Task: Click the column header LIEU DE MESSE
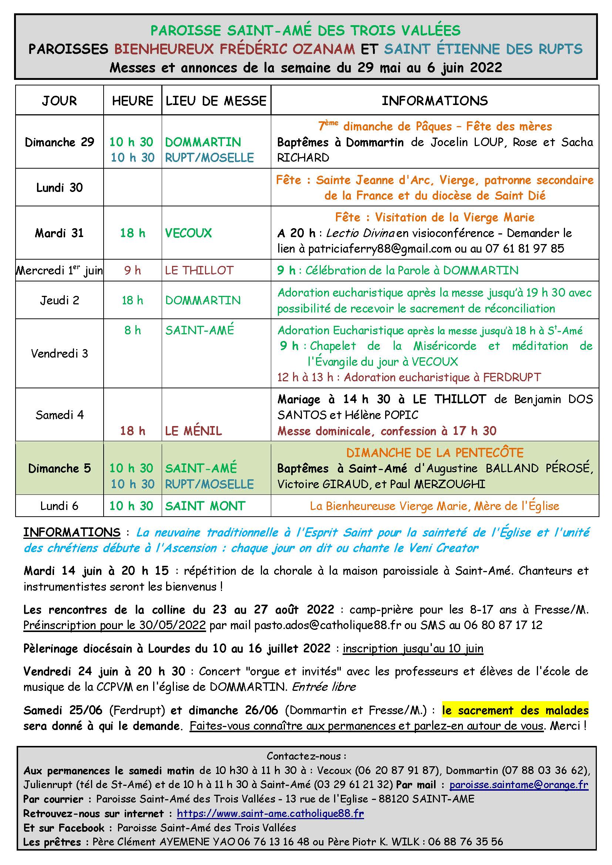[216, 101]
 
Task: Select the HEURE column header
[132, 101]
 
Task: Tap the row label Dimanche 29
[59, 142]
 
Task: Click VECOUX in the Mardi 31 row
[188, 233]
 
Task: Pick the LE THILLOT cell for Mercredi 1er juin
[199, 270]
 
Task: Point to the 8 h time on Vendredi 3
[132, 330]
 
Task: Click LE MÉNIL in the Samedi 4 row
[193, 430]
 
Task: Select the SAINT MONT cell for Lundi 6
[205, 506]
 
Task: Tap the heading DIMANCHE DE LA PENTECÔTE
[435, 452]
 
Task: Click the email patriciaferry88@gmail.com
[380, 249]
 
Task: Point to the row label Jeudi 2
[59, 300]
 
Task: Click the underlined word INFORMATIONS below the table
[72, 532]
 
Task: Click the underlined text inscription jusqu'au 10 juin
[413, 648]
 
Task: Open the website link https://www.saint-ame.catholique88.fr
[270, 813]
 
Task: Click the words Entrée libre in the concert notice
[324, 687]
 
